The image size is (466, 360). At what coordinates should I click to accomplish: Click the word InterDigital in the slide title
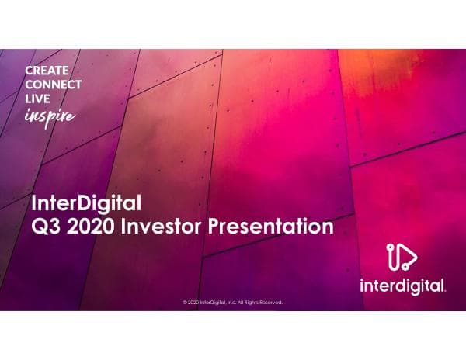pyautogui.click(x=85, y=205)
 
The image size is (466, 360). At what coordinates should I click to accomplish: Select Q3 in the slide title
pyautogui.click(x=43, y=227)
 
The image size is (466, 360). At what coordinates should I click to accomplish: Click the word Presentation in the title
pyautogui.click(x=271, y=227)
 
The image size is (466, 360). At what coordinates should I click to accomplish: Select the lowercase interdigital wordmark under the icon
pyautogui.click(x=402, y=286)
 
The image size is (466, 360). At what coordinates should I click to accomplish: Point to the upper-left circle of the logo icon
pyautogui.click(x=391, y=247)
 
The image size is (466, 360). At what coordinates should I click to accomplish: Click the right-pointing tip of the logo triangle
pyautogui.click(x=417, y=258)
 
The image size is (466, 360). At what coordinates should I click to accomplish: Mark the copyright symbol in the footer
pyautogui.click(x=184, y=303)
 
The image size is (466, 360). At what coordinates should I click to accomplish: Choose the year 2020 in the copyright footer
pyautogui.click(x=193, y=303)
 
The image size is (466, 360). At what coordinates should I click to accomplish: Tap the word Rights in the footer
pyautogui.click(x=253, y=303)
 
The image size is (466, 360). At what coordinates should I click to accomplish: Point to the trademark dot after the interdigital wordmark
pyautogui.click(x=444, y=290)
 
